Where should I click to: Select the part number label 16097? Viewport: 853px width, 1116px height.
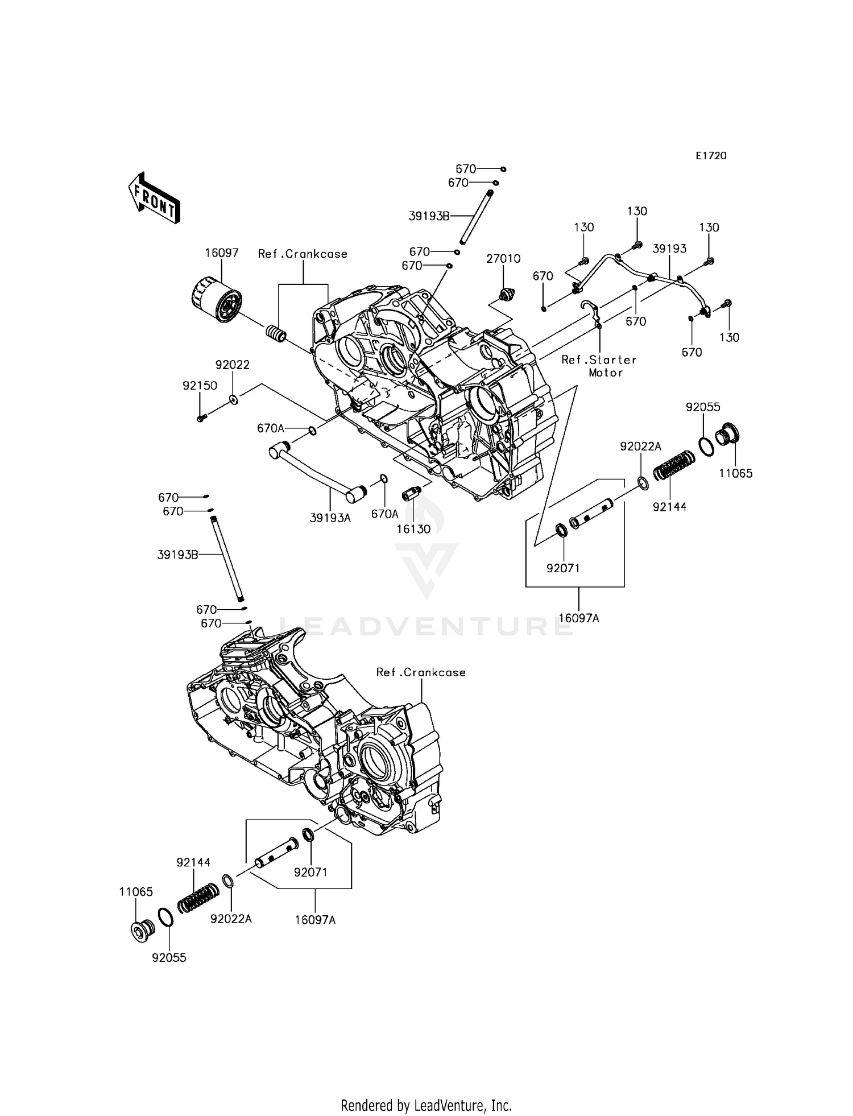coord(222,253)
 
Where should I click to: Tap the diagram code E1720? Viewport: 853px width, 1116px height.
coord(711,156)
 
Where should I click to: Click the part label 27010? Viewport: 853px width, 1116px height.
coord(503,259)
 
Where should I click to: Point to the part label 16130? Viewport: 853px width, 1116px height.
coord(413,529)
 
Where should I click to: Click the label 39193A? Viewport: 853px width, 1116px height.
coord(330,518)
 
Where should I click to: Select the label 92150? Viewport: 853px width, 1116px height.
coord(200,385)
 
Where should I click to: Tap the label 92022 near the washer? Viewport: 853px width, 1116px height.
coord(232,365)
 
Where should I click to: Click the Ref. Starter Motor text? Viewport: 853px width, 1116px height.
coord(599,366)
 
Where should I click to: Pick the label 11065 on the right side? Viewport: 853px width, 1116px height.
coord(735,473)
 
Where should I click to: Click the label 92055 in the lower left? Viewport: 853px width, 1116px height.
coord(169,958)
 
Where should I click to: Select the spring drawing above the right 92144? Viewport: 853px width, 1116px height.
coord(674,465)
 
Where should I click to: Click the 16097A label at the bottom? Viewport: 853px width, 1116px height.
coord(316,920)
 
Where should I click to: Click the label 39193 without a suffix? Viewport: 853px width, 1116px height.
coord(669,249)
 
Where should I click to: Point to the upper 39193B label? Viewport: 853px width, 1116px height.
coord(429,216)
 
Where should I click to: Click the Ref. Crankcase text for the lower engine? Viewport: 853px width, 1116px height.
coord(421,672)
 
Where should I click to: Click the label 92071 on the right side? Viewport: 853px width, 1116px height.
coord(563,568)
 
